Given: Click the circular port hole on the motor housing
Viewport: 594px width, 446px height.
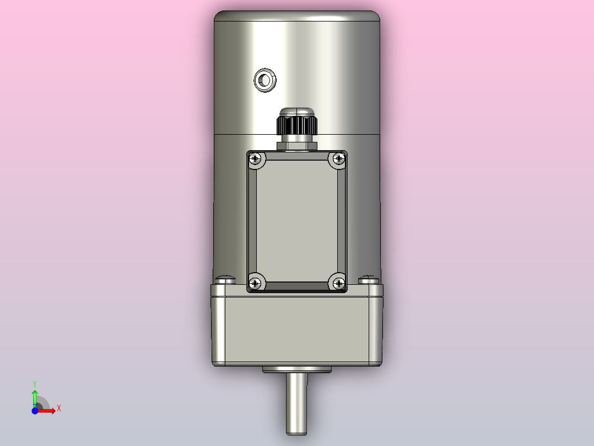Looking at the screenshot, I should (x=265, y=81).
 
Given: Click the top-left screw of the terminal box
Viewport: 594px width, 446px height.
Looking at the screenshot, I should (x=255, y=160).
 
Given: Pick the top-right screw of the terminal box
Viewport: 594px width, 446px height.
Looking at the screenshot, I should (x=338, y=160).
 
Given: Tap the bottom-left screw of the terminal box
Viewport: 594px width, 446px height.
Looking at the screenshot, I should (x=255, y=283).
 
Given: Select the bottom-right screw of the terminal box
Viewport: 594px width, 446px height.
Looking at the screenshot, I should (x=338, y=283).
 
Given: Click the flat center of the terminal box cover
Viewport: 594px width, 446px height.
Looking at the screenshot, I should (x=296, y=221).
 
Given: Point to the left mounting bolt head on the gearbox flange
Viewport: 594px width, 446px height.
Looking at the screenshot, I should (x=225, y=280).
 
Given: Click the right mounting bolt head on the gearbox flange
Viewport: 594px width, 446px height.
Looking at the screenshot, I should (x=369, y=280).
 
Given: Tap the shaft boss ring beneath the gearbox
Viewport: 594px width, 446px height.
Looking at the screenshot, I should (x=296, y=369).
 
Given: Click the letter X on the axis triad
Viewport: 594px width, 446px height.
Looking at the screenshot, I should (x=58, y=408).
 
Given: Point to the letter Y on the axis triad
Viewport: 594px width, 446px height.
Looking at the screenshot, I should (x=34, y=383).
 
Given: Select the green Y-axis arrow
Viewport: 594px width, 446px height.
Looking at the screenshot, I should (x=34, y=396).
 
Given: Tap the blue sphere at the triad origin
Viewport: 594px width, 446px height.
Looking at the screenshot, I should (x=35, y=411).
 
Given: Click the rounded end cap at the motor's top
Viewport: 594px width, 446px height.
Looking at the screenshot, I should (x=296, y=17).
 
